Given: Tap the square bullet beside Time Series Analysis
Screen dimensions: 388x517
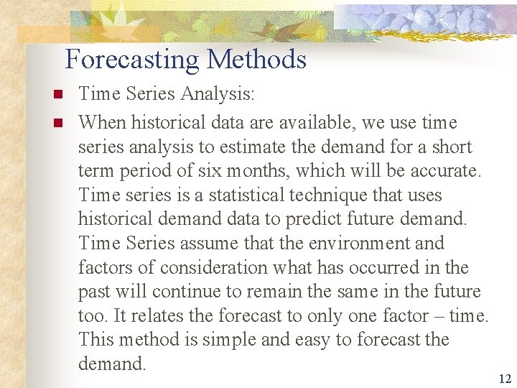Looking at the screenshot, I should [57, 94].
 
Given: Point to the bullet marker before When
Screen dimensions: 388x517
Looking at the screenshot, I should [57, 123].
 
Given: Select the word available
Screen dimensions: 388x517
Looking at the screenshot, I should [317, 123].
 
